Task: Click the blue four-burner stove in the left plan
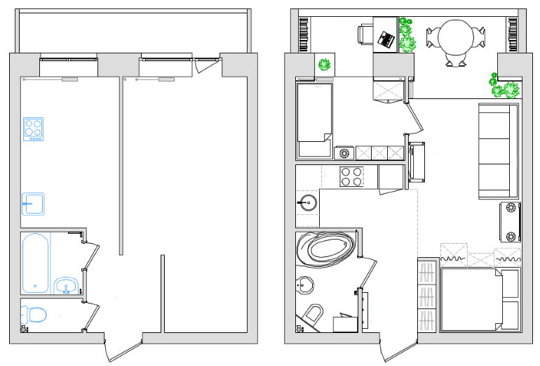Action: click(33, 128)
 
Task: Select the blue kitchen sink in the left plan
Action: click(33, 204)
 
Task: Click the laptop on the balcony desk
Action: click(386, 38)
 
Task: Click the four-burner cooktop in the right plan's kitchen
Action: click(351, 176)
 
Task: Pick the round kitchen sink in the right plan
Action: click(307, 204)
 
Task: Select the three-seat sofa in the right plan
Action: click(498, 151)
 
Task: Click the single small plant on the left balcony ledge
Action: click(324, 65)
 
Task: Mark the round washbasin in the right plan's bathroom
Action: click(304, 285)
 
